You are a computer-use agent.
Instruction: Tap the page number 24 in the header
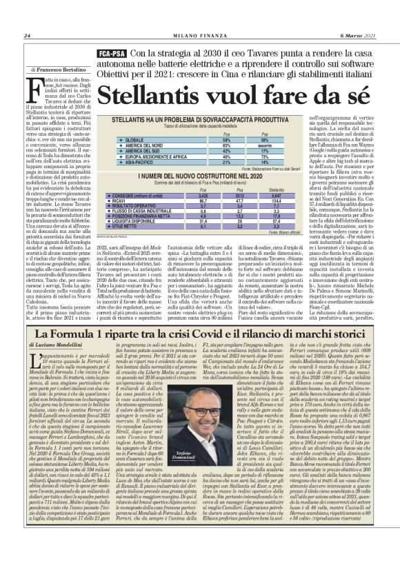pos(28,36)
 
